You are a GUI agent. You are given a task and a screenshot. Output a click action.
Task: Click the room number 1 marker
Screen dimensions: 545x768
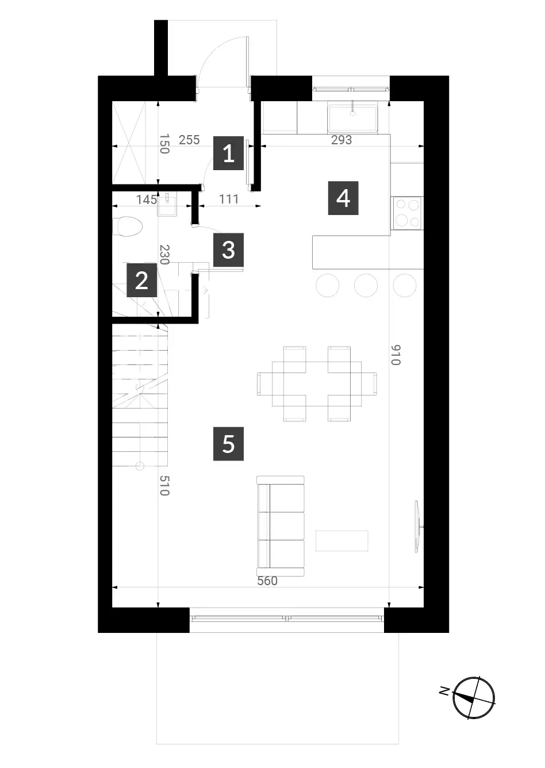point(228,153)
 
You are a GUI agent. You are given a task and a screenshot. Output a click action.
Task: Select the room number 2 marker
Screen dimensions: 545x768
point(141,280)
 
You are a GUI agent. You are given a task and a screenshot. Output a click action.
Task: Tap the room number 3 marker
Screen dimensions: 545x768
point(228,250)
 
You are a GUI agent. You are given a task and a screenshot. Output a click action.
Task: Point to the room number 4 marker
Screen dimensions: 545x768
point(343,198)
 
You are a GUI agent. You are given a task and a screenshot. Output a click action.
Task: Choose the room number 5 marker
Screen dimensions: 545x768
point(228,444)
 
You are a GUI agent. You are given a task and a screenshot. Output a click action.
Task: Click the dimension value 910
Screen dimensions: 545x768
point(396,355)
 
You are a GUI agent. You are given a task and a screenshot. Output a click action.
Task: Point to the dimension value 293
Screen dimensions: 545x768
point(341,140)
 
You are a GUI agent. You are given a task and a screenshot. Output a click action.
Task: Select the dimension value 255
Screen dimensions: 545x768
point(189,140)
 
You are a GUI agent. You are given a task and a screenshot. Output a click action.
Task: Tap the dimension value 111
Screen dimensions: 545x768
point(228,199)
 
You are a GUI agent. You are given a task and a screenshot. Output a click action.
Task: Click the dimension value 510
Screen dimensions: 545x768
point(164,485)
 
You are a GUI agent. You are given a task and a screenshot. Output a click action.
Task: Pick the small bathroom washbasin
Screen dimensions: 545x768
point(167,205)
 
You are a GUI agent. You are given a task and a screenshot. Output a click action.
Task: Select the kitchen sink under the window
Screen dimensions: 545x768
point(352,118)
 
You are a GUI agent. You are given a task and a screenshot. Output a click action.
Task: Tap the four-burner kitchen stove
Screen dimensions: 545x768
point(407,213)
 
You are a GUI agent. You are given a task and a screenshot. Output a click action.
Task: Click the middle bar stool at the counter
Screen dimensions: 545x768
point(366,285)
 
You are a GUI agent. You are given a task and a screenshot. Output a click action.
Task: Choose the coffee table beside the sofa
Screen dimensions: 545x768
point(341,541)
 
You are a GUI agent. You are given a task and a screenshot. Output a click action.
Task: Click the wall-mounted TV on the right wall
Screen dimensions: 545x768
point(419,527)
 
